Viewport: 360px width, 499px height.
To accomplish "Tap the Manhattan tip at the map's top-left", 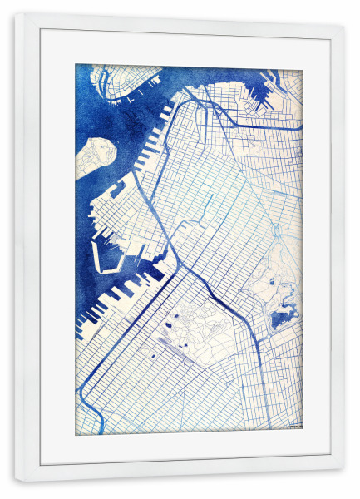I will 116,80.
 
